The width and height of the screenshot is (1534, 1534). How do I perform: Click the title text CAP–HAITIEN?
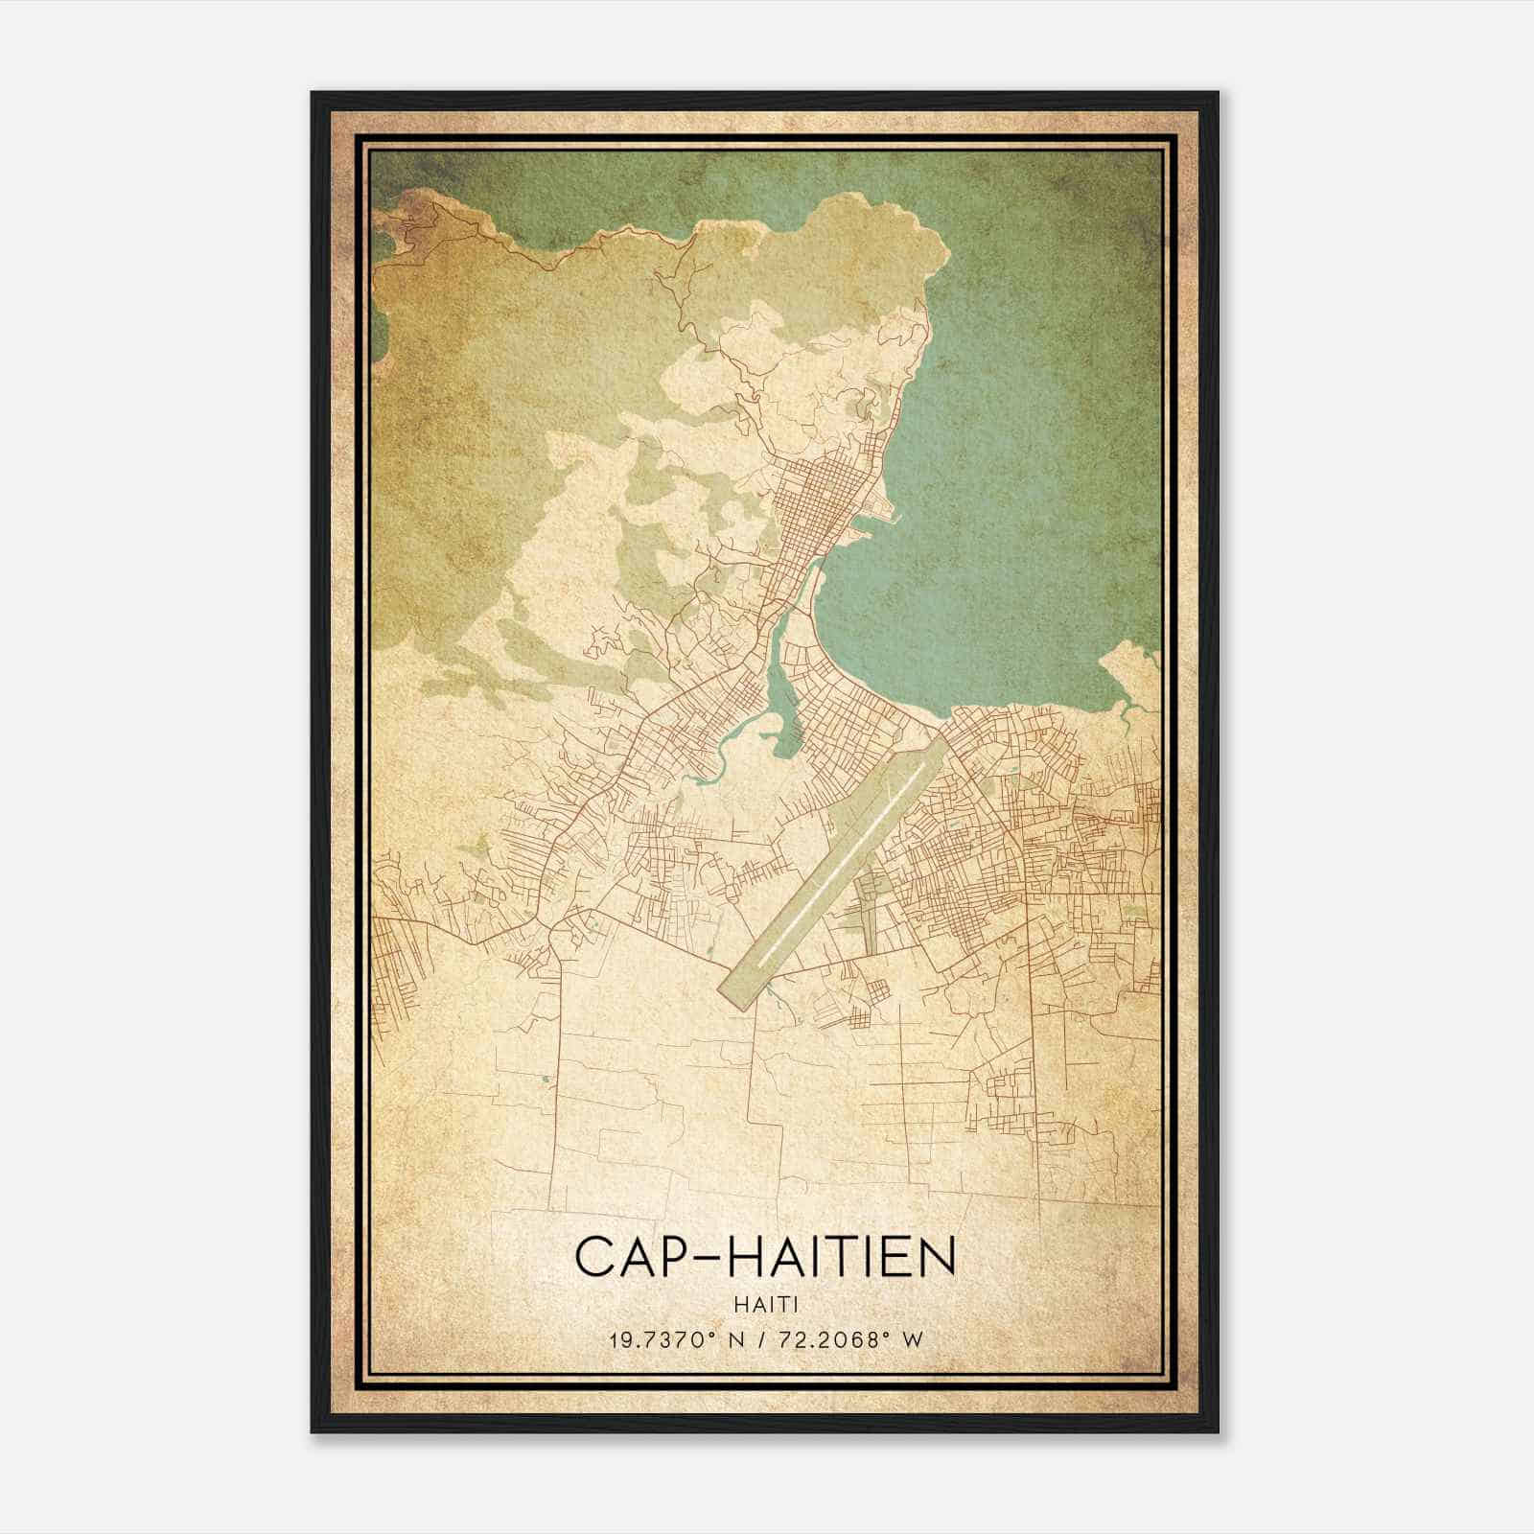point(765,1256)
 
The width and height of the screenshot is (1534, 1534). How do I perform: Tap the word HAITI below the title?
point(765,1304)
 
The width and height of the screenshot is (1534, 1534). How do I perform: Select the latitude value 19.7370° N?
point(677,1340)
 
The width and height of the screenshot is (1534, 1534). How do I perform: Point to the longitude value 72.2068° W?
point(845,1340)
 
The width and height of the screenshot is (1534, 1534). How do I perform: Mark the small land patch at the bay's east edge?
point(1131,671)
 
